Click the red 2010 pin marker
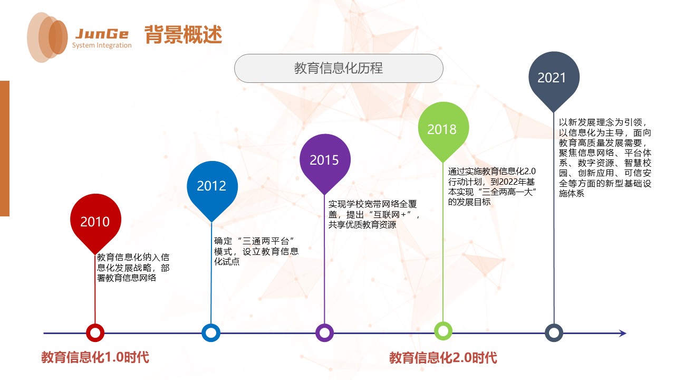click(95, 221)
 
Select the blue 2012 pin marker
click(211, 185)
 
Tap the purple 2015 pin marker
click(324, 159)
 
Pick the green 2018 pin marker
click(442, 129)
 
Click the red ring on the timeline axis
click(95, 333)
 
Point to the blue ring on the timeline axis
click(211, 333)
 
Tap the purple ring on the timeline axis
click(324, 333)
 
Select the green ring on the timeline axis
click(443, 331)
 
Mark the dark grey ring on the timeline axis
click(554, 333)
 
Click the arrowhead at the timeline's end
click(623, 333)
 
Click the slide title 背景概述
click(183, 35)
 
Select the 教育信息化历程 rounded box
click(339, 69)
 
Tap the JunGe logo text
click(102, 34)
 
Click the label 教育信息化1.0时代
click(95, 357)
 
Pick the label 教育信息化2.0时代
click(443, 358)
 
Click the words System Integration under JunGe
click(102, 45)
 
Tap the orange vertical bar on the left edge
click(5, 148)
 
